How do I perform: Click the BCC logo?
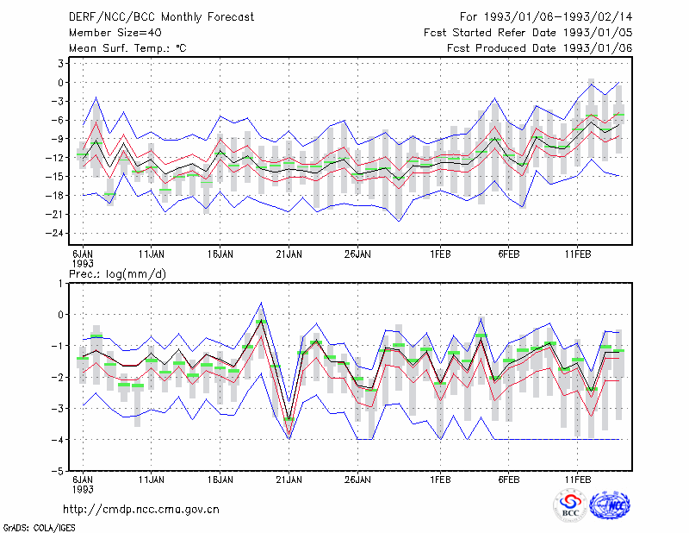(x=570, y=505)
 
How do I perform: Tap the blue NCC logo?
(x=610, y=505)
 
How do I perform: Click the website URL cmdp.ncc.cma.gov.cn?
(x=141, y=509)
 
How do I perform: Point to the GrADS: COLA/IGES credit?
(x=39, y=527)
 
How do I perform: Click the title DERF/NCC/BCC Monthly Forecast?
(x=161, y=17)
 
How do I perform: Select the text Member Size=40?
(x=115, y=33)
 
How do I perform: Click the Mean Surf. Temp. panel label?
(x=127, y=48)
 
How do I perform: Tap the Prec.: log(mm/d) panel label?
(x=117, y=274)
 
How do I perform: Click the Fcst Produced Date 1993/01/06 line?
(x=540, y=48)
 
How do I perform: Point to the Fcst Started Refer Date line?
(x=528, y=33)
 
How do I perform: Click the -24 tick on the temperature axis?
(x=55, y=233)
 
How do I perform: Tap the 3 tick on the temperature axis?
(x=60, y=63)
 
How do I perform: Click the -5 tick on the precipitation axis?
(x=58, y=471)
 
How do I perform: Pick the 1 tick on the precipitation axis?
(x=60, y=284)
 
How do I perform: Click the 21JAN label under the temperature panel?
(x=289, y=254)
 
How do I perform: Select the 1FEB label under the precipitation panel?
(x=440, y=480)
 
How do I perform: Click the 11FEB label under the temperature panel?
(x=577, y=254)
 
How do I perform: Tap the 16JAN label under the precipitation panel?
(x=220, y=480)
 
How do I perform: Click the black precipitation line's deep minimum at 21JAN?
(x=289, y=418)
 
